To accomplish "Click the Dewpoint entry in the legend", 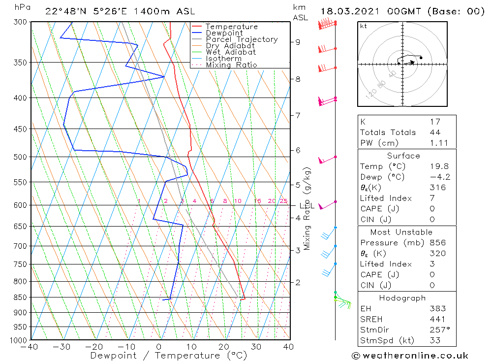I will click(x=224, y=33).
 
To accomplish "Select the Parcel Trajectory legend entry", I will click(x=242, y=39).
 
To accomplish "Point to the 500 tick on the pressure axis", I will click(x=22, y=157).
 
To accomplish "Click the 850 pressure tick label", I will click(x=22, y=297).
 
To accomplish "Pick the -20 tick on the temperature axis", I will click(x=94, y=347).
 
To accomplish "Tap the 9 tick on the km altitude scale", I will click(x=298, y=42).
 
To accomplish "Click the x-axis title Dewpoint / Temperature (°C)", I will click(x=169, y=356).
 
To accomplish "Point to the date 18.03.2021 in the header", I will click(x=346, y=11).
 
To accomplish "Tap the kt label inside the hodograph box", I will click(x=364, y=26).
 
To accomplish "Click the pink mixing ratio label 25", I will click(x=283, y=201).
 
